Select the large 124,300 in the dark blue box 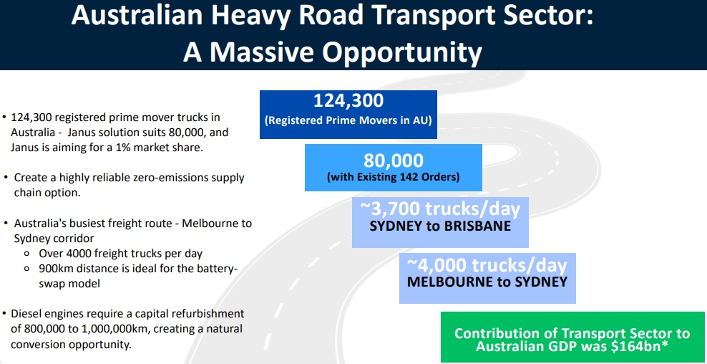pos(348,100)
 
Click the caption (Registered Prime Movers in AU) pos(348,121)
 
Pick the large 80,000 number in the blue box pos(393,161)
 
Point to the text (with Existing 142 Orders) pos(393,177)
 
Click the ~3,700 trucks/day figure pos(440,209)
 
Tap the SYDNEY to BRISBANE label pos(440,226)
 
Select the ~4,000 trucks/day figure pos(487,264)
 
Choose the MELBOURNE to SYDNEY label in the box pos(487,282)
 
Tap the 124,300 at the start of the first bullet pos(29,118)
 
